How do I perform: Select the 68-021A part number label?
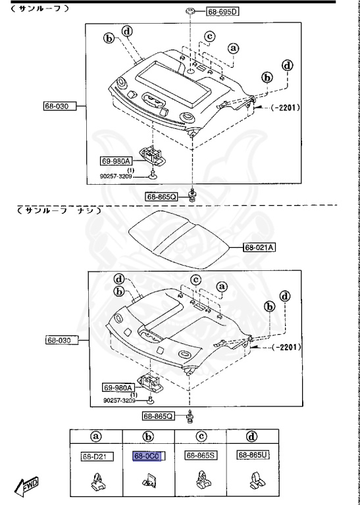(x=259, y=247)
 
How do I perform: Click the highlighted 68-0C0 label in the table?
(x=149, y=455)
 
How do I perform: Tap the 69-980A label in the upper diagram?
(x=116, y=160)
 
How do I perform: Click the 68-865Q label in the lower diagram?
(x=159, y=416)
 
